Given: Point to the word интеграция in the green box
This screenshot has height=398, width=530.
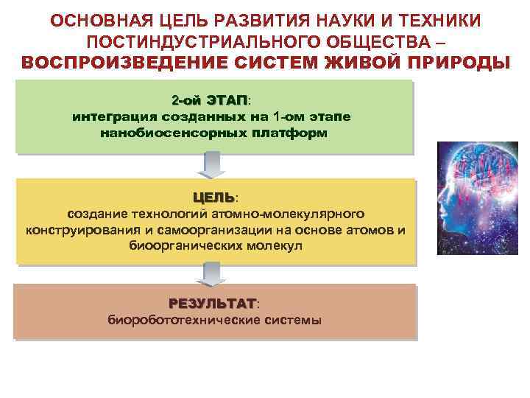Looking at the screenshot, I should tap(109, 116).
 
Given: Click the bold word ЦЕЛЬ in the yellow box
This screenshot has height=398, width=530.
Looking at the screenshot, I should tap(213, 197).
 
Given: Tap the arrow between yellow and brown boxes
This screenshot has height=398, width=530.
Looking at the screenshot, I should tap(212, 273).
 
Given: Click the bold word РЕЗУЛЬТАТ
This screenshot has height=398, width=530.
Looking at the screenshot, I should tap(212, 304).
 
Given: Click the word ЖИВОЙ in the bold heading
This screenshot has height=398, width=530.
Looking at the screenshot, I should tap(357, 62).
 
